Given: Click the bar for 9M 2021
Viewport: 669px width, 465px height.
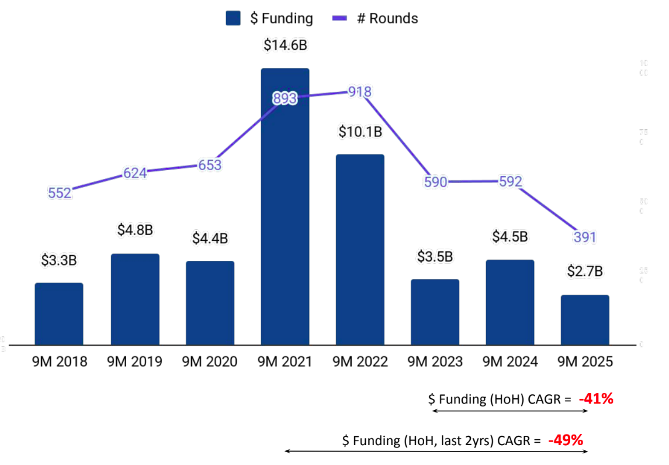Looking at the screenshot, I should [x=285, y=222].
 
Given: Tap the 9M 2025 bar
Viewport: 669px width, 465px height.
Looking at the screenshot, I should [x=585, y=320].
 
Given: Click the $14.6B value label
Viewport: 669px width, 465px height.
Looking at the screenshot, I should [x=285, y=45].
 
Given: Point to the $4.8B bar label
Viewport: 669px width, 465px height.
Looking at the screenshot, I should [x=135, y=230].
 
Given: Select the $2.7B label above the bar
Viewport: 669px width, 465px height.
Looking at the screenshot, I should [x=585, y=271].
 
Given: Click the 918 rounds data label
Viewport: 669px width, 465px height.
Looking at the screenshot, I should [x=360, y=92].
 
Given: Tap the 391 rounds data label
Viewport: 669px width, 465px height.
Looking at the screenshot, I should [x=585, y=237].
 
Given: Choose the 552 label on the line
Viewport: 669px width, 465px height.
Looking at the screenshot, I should [x=60, y=193].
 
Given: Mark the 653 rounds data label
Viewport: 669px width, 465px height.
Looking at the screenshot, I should [x=210, y=165].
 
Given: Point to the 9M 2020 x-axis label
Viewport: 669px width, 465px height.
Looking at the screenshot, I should [x=210, y=362].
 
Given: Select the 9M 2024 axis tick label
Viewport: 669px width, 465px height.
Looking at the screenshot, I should [x=509, y=362].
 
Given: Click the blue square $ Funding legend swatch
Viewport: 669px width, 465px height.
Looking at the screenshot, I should [x=233, y=18].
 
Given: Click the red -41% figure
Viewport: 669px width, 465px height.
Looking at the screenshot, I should [x=596, y=399].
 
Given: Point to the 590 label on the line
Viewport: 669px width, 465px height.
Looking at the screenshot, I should [x=435, y=182].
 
